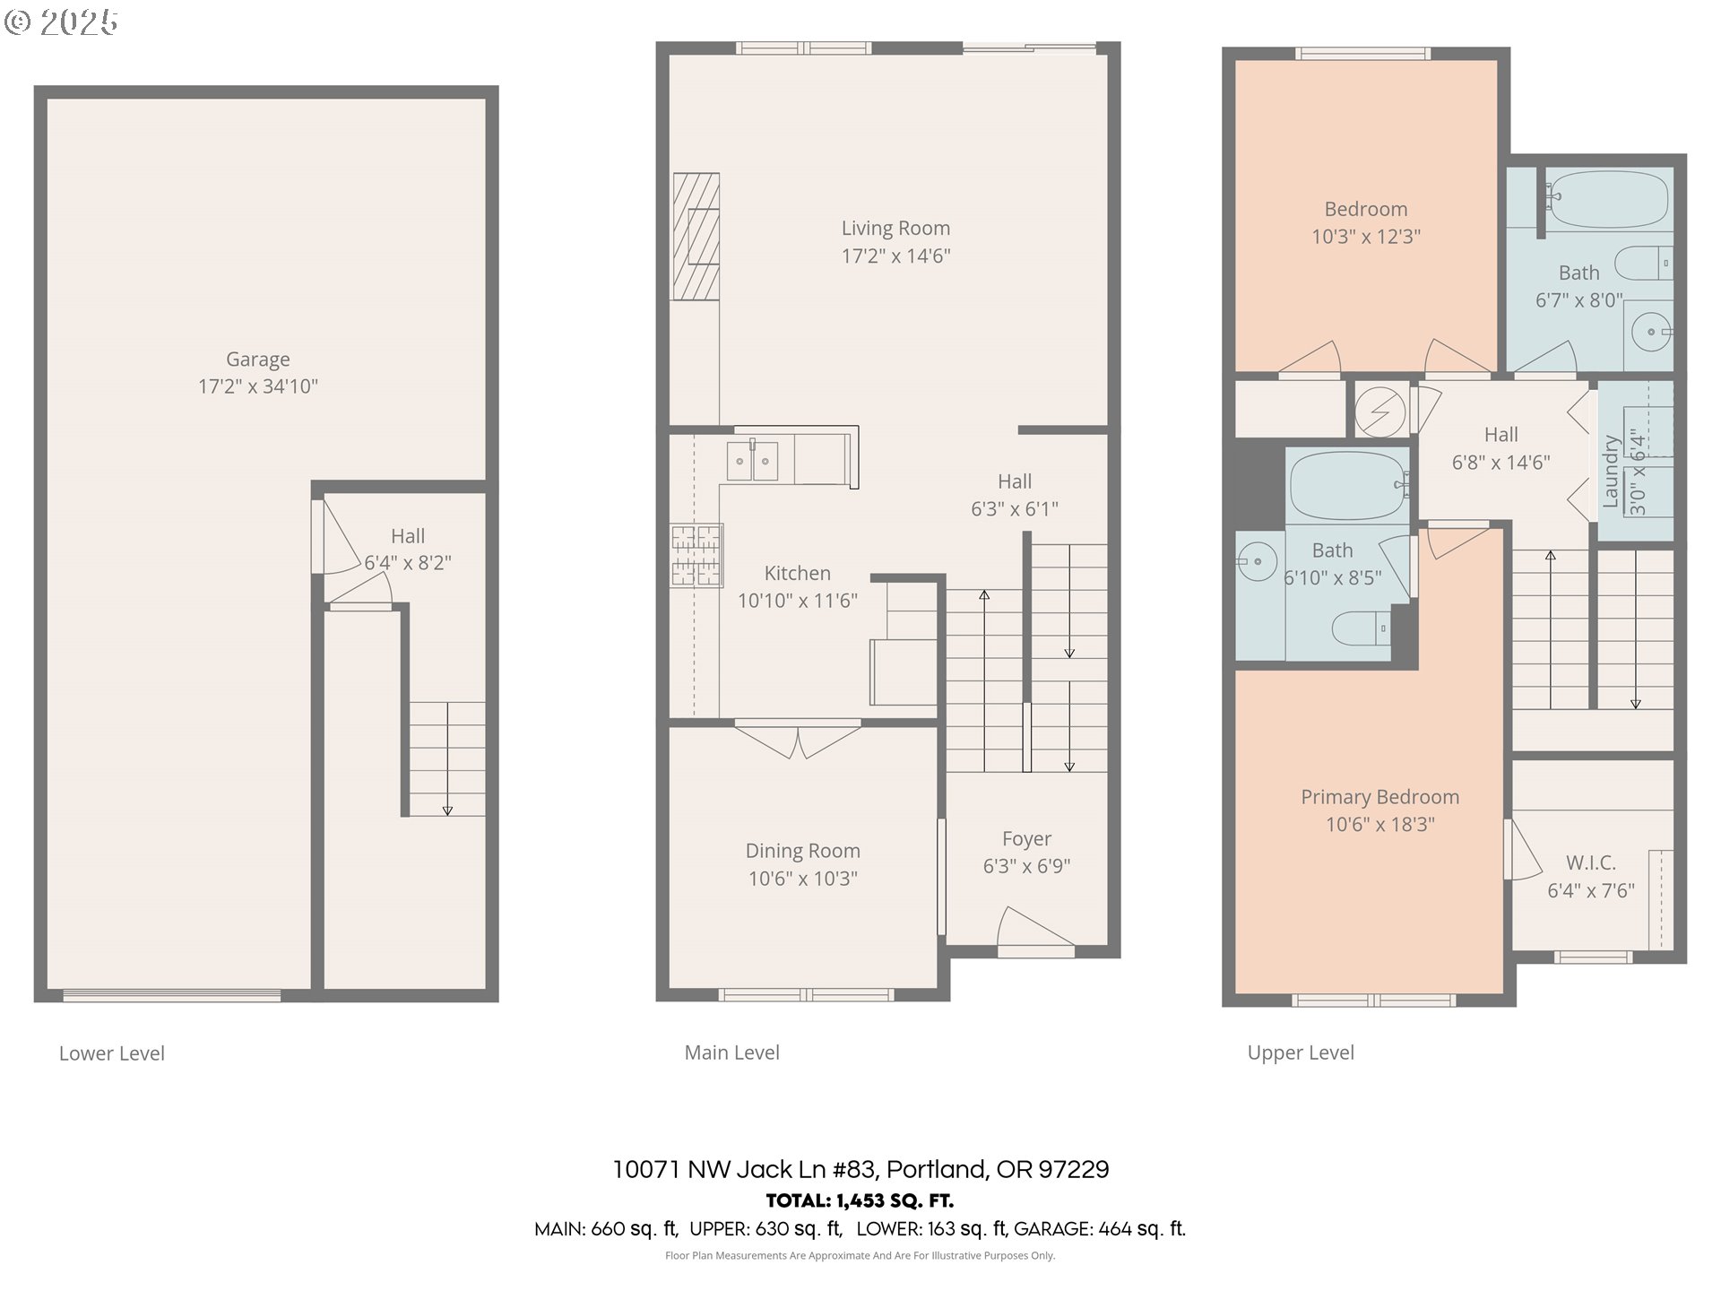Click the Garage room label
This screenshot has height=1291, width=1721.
point(258,360)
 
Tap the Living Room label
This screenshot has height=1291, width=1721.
point(895,229)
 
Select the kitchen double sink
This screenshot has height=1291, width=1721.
point(752,461)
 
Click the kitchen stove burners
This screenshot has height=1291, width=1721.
point(696,555)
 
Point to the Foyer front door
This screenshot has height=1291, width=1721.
point(1035,931)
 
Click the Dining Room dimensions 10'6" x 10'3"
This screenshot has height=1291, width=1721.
point(803,879)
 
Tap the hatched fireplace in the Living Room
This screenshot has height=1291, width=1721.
point(696,237)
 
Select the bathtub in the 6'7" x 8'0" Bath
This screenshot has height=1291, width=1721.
point(1608,200)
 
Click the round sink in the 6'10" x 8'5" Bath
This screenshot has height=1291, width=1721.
point(1257,563)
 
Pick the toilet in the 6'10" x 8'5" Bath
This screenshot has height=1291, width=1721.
point(1361,628)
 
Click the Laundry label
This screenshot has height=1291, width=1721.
point(1611,472)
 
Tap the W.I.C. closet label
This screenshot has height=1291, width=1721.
point(1591,862)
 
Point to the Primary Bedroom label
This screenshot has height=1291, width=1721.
point(1380,797)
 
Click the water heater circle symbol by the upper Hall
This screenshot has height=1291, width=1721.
point(1379,412)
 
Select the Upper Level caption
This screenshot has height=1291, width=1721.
point(1301,1053)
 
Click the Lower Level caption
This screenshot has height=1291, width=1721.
point(112,1053)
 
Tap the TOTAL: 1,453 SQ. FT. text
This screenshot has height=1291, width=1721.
point(860,1200)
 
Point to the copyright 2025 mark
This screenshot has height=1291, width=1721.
point(61,22)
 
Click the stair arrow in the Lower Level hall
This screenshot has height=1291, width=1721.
point(447,758)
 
